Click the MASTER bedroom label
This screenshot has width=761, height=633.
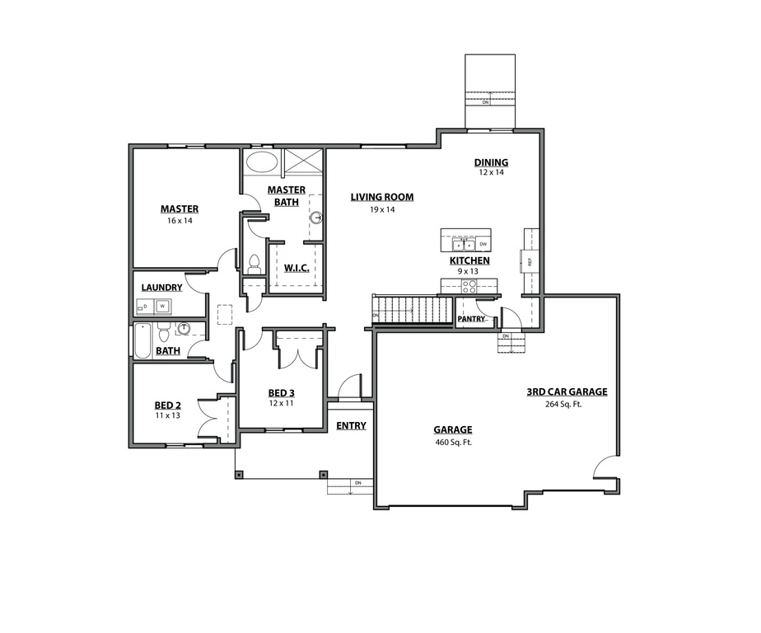point(179,209)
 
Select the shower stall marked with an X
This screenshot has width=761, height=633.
point(302,161)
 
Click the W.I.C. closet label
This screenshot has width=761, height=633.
point(296,268)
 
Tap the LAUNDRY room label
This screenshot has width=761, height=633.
point(161,288)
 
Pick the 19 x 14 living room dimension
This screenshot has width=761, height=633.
point(381,210)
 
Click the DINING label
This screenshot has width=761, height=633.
point(491,162)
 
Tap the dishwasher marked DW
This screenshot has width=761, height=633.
point(483,245)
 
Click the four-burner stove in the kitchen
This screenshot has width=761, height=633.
point(469,287)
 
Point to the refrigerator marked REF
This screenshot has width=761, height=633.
point(530,262)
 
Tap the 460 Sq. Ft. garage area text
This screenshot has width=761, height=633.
point(453,443)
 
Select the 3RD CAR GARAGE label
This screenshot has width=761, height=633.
point(567,392)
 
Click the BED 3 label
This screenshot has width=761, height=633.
point(282,392)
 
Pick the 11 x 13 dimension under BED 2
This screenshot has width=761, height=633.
point(167,416)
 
